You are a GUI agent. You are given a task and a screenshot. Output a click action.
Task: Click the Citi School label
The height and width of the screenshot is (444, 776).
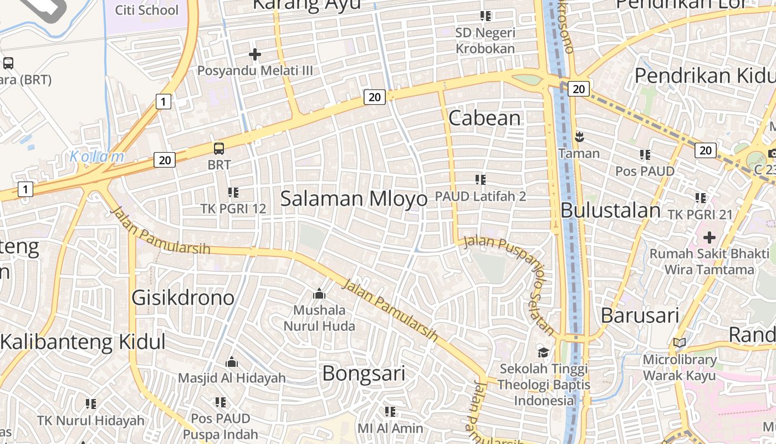pyautogui.click(x=146, y=10)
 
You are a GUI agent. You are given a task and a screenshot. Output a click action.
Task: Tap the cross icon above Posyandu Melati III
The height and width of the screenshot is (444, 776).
pyautogui.click(x=255, y=54)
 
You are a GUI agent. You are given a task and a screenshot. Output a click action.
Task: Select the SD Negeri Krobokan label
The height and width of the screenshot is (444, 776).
pyautogui.click(x=485, y=41)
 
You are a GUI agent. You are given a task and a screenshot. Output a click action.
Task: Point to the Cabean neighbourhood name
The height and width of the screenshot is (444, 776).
pyautogui.click(x=484, y=118)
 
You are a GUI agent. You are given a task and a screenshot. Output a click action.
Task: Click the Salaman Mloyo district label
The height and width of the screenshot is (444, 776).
pyautogui.click(x=354, y=199)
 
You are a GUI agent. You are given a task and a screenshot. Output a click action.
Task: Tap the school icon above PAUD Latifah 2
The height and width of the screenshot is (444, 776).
pyautogui.click(x=480, y=180)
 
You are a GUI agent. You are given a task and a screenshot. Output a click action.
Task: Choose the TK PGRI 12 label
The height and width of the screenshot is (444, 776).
pyautogui.click(x=233, y=209)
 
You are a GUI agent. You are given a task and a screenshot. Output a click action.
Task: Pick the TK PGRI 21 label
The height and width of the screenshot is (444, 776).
pyautogui.click(x=700, y=214)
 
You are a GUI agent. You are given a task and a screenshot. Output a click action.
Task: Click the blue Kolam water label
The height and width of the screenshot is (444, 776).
pyautogui.click(x=97, y=157)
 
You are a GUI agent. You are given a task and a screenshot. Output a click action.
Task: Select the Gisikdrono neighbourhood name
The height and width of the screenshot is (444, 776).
pyautogui.click(x=183, y=298)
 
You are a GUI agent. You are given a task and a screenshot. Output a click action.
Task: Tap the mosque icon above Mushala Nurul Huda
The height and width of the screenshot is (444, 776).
pyautogui.click(x=319, y=294)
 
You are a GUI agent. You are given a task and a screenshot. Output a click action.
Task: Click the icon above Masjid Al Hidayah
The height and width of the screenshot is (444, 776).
pyautogui.click(x=232, y=362)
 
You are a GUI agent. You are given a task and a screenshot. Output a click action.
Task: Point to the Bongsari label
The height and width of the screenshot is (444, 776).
pyautogui.click(x=364, y=373)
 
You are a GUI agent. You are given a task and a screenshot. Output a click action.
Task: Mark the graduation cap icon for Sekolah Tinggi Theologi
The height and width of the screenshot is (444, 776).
pyautogui.click(x=543, y=352)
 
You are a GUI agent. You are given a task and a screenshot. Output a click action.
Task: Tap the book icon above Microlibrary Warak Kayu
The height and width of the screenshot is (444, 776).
pyautogui.click(x=680, y=343)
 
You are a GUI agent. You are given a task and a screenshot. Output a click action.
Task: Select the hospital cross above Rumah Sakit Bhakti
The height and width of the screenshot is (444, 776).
pyautogui.click(x=709, y=238)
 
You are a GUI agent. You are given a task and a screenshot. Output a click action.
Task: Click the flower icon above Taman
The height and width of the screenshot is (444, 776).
pyautogui.click(x=579, y=137)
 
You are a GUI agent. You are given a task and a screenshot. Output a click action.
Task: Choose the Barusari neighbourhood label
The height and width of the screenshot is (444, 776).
pyautogui.click(x=640, y=315)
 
